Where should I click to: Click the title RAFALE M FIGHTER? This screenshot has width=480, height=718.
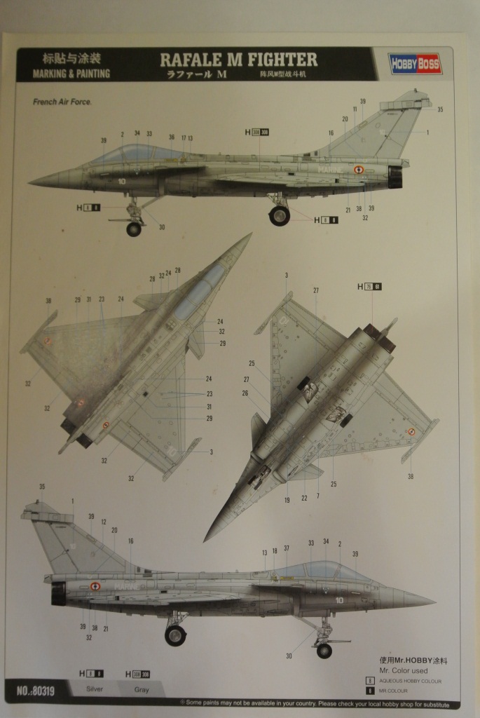coord(238,60)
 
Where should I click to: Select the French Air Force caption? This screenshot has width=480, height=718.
coord(62,102)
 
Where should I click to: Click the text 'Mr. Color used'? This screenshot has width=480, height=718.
coord(403,670)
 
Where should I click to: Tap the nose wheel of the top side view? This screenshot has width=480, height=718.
coord(133,229)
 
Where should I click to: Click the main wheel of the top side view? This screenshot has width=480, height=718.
coord(279,215)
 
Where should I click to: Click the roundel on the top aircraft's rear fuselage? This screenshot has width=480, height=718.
coord(359,170)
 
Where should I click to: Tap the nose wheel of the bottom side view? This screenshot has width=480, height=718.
coord(324,651)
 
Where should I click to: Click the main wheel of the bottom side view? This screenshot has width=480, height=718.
coord(175,635)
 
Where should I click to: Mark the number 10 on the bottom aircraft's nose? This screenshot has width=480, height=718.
coord(339,600)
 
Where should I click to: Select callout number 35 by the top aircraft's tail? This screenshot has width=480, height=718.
coord(440,109)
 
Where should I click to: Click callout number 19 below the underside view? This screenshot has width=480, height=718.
coord(287,499)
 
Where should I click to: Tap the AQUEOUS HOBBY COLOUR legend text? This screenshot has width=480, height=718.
coord(410,680)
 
